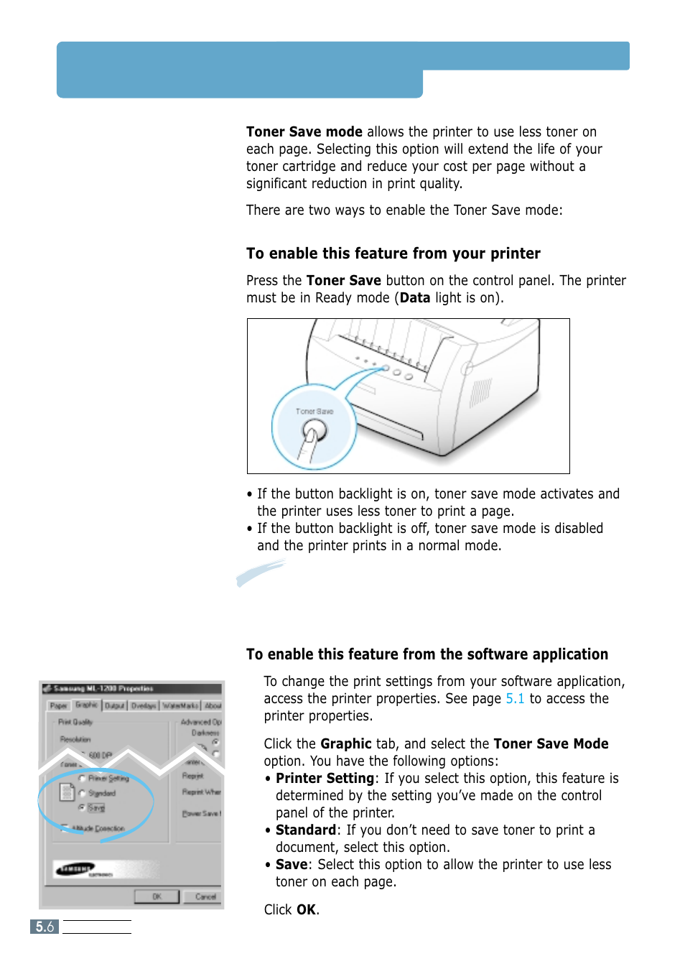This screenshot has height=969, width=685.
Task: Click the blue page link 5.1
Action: pyautogui.click(x=515, y=699)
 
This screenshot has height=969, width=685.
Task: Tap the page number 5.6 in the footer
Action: pyautogui.click(x=45, y=927)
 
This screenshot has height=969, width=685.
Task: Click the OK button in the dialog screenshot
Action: pyautogui.click(x=157, y=896)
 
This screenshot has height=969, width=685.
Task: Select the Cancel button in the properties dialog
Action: pyautogui.click(x=205, y=896)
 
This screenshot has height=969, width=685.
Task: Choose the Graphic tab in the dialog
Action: pyautogui.click(x=87, y=705)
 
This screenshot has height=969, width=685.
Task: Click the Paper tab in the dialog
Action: pyautogui.click(x=59, y=706)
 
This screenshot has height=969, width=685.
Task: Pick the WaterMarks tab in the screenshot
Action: pyautogui.click(x=180, y=706)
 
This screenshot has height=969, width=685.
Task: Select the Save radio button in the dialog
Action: pyautogui.click(x=82, y=807)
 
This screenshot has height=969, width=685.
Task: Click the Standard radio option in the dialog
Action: pyautogui.click(x=82, y=793)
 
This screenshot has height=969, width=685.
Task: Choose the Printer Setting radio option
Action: pyautogui.click(x=82, y=778)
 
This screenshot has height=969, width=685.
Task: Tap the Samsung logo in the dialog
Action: pyautogui.click(x=76, y=869)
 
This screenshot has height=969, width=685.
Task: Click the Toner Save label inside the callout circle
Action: pyautogui.click(x=314, y=412)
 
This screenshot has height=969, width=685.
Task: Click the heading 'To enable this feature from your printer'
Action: pyautogui.click(x=393, y=254)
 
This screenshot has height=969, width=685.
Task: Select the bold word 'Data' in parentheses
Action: pyautogui.click(x=414, y=298)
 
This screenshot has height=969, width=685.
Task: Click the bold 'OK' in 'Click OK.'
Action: pyautogui.click(x=306, y=910)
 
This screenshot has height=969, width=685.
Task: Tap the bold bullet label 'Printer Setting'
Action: pyautogui.click(x=325, y=779)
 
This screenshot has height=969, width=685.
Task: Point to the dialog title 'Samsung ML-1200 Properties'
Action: pyautogui.click(x=103, y=688)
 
